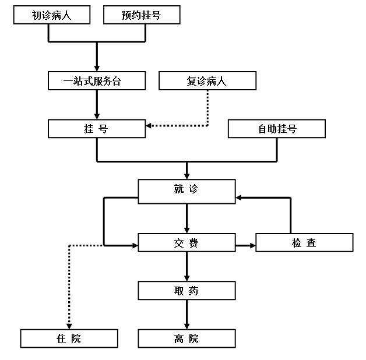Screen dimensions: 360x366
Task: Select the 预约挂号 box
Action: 140,16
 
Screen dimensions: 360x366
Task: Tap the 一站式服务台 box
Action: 97,81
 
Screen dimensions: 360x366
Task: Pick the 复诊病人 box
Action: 207,81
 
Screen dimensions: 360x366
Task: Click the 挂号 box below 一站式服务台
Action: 97,129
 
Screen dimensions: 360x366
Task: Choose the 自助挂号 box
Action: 277,129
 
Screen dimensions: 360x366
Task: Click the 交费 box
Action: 186,242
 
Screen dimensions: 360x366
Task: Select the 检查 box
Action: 304,242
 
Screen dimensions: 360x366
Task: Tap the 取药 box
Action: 186,290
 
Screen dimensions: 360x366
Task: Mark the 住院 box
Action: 69,338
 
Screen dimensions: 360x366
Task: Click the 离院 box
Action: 186,338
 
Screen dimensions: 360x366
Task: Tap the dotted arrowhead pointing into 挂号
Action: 149,125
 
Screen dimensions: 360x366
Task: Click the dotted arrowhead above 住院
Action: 69,324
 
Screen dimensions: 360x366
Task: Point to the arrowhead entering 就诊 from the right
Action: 240,197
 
